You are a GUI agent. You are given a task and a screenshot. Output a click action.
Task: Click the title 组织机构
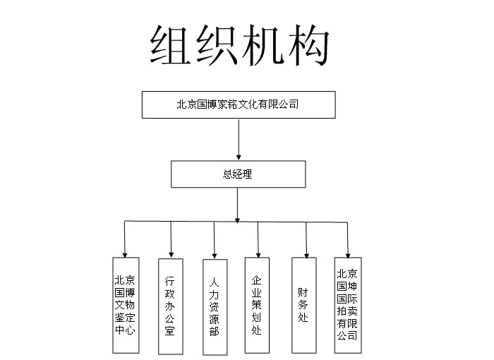pos(239,45)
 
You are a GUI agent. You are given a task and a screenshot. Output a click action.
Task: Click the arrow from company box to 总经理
pos(239,139)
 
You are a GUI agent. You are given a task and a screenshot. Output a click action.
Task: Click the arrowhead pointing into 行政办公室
pos(171,255)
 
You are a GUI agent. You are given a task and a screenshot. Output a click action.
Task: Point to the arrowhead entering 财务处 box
pos(306,256)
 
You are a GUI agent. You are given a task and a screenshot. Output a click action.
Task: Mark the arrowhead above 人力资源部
pos(215,256)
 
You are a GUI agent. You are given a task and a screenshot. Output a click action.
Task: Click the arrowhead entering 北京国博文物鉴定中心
pos(125,255)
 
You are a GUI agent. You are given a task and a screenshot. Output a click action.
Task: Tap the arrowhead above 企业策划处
pos(258,255)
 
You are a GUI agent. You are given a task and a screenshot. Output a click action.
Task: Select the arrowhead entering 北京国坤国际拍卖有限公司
pos(348,256)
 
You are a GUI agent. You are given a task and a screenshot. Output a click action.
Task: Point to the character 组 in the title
pos(170,45)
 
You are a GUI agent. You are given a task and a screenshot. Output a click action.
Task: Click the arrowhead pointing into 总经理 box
pos(239,157)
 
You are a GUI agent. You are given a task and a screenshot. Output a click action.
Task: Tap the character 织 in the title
pos(216,45)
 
